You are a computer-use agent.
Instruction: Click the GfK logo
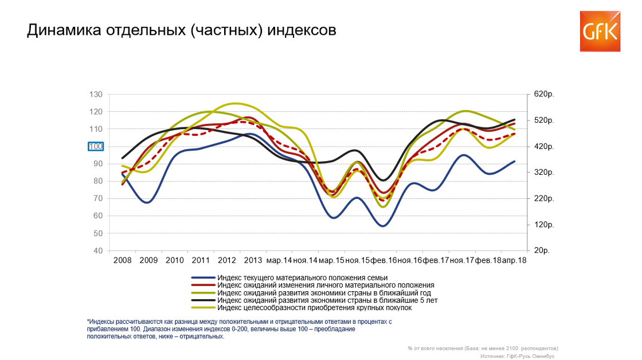point(600,32)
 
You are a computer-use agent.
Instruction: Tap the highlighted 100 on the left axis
point(96,147)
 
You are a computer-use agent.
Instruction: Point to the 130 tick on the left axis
point(96,95)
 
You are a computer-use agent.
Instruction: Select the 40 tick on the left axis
point(98,251)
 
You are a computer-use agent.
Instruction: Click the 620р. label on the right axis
point(544,94)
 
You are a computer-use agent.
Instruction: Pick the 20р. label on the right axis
point(541,251)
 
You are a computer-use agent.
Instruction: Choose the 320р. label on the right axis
point(544,173)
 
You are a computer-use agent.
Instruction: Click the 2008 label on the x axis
point(123,260)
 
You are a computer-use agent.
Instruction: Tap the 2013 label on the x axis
point(253,260)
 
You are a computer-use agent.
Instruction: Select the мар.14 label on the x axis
point(279,260)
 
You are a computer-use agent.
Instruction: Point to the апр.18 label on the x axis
point(514,260)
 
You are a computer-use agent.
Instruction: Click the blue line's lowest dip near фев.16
point(383,226)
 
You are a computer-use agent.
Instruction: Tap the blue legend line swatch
point(203,277)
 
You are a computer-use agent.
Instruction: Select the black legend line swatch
point(203,300)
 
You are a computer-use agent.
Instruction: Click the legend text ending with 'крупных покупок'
point(315,308)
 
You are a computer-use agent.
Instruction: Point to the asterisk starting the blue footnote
point(88,321)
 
